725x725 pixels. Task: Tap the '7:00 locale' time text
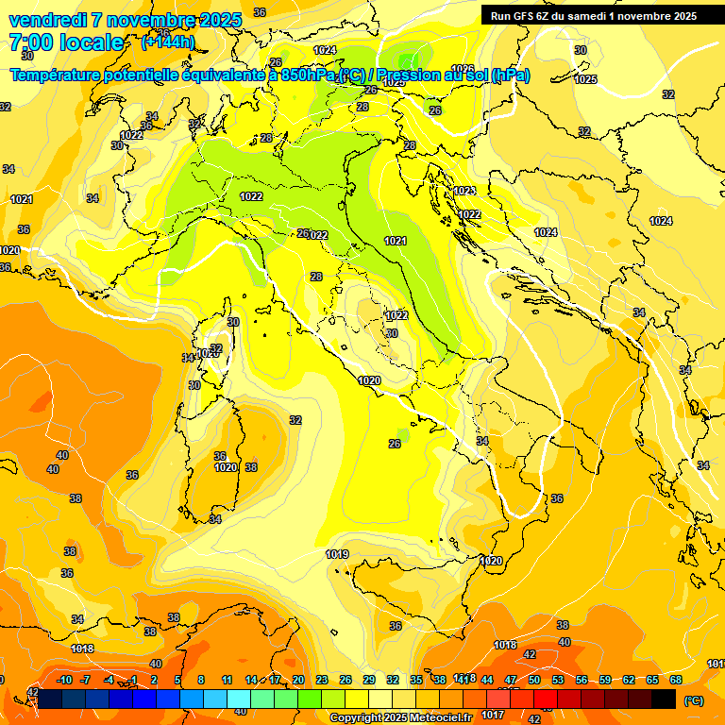[66, 42]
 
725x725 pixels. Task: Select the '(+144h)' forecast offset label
[167, 42]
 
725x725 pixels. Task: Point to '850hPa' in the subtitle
[308, 75]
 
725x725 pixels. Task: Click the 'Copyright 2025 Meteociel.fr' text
[400, 717]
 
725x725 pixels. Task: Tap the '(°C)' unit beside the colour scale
[693, 700]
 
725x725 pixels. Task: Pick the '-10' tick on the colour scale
[64, 681]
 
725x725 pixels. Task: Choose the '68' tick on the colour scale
[676, 681]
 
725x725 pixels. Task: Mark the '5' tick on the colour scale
[177, 681]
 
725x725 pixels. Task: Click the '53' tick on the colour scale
[558, 681]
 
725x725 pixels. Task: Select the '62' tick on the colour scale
[629, 681]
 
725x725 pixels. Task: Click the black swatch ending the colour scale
[664, 699]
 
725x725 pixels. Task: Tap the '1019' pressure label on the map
[337, 554]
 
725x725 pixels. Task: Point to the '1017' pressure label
[493, 715]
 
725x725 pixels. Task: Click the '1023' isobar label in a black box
[464, 192]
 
